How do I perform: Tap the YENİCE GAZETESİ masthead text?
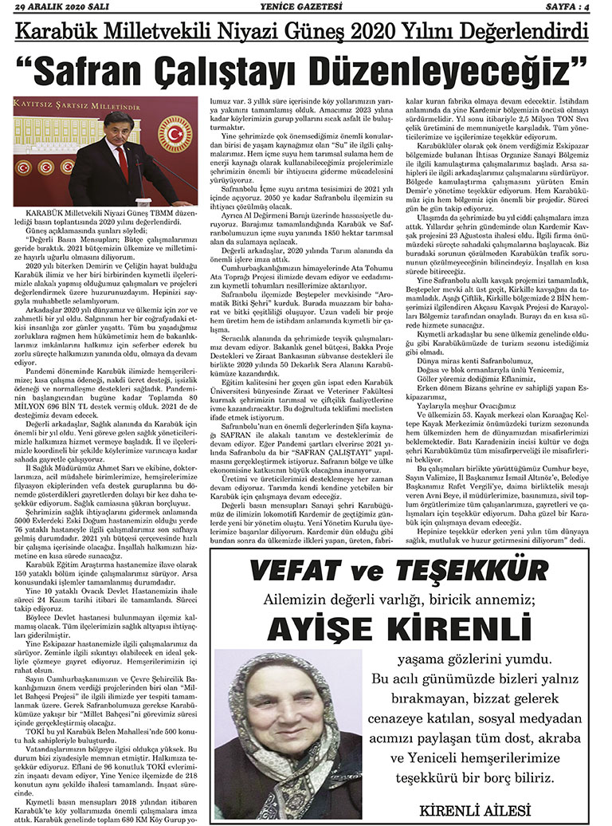[307, 7]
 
